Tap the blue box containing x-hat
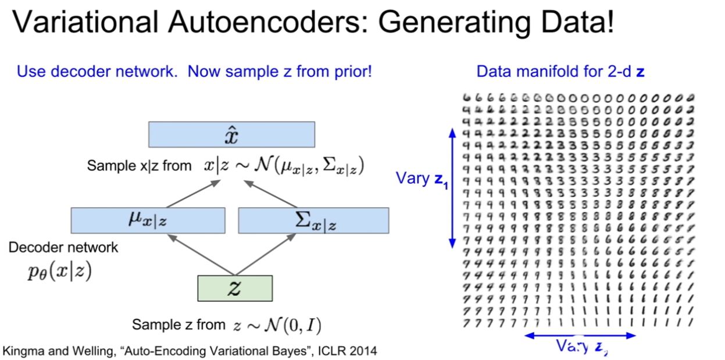pyautogui.click(x=231, y=134)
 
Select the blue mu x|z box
pyautogui.click(x=148, y=220)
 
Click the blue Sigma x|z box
pyautogui.click(x=313, y=220)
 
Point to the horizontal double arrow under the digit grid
pyautogui.click(x=580, y=336)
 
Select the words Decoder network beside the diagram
pyautogui.click(x=63, y=247)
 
